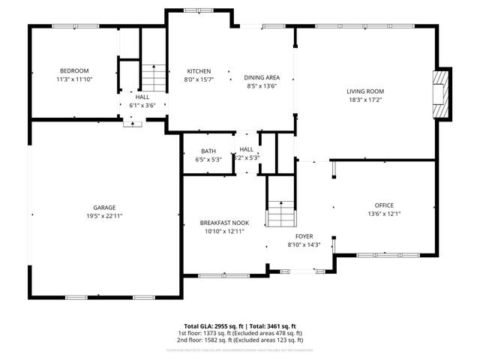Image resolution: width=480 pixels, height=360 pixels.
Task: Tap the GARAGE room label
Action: coord(104,208)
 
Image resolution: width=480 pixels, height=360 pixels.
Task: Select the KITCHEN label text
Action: coord(199,70)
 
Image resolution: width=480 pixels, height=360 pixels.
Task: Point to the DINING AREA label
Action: coord(262,77)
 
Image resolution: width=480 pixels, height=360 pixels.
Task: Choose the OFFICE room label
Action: coord(384,205)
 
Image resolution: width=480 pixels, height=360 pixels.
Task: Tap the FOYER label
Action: coord(304,236)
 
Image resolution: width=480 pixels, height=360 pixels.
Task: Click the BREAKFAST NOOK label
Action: coord(224,223)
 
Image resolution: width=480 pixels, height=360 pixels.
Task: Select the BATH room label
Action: coord(208,151)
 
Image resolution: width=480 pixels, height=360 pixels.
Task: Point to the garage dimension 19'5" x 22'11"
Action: coord(104,216)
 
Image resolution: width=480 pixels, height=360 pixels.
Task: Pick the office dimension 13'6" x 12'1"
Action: coord(384,213)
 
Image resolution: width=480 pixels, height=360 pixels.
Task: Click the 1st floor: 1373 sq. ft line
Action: coord(240,333)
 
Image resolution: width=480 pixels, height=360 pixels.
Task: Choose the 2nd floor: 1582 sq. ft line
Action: coord(240,340)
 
